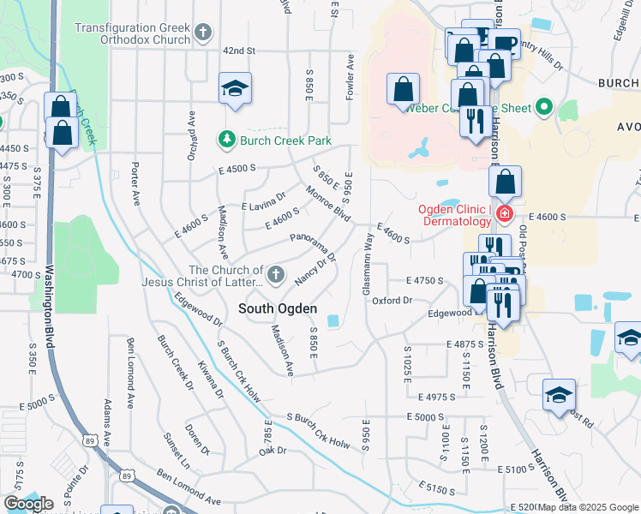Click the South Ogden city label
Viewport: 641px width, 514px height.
coord(278,308)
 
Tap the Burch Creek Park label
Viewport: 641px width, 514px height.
coord(285,139)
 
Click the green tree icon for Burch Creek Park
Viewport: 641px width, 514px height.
coord(226,138)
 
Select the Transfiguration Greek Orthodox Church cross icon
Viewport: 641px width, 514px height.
coord(203,33)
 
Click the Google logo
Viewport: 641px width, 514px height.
coord(28,504)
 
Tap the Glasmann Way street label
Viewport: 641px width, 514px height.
coord(368,266)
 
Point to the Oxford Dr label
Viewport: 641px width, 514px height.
coord(392,301)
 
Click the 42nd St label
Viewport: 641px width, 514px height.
coord(240,51)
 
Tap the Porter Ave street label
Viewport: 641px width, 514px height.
coord(135,182)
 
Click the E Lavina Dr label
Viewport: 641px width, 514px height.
coord(263,201)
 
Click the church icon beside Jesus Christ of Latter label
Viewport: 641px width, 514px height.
coord(275,275)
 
